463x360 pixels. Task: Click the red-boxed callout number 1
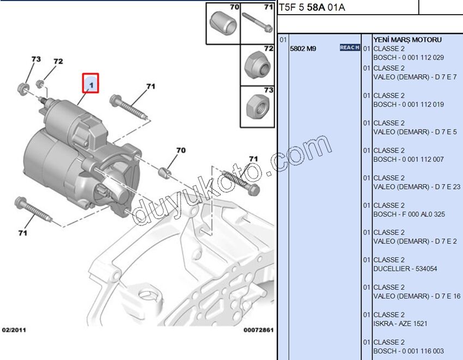(x=90, y=84)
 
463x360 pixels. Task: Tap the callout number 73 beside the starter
(x=36, y=59)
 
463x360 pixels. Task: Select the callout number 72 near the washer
(x=58, y=62)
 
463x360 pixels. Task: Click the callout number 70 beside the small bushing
(x=180, y=150)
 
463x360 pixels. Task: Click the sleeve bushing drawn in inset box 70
(x=222, y=24)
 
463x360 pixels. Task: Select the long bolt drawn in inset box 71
(x=257, y=24)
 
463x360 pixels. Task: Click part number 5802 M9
(x=303, y=48)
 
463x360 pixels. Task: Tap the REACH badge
(x=350, y=48)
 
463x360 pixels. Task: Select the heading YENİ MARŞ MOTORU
(x=407, y=40)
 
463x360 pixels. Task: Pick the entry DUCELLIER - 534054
(x=406, y=269)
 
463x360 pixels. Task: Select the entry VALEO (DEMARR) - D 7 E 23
(x=417, y=187)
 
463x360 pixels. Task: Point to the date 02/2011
(x=14, y=330)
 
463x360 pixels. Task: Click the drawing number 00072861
(x=258, y=330)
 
